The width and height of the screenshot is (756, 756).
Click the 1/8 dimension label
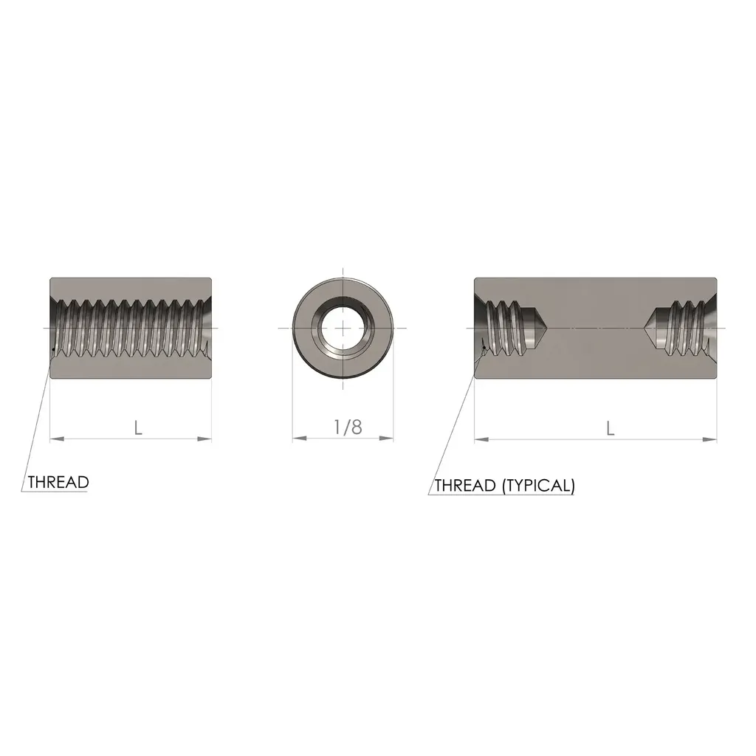348,427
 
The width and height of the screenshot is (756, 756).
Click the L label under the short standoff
138,427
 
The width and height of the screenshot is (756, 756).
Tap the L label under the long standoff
611,428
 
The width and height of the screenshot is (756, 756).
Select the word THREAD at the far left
58,482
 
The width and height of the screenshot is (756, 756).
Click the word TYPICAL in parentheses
538,485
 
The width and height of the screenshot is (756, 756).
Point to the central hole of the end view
343,328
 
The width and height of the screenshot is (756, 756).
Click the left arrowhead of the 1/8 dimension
300,439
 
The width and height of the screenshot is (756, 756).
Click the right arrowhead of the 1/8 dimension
386,439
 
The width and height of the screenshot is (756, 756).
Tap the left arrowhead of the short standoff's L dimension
58,439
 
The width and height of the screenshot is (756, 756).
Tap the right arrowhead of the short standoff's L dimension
205,439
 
